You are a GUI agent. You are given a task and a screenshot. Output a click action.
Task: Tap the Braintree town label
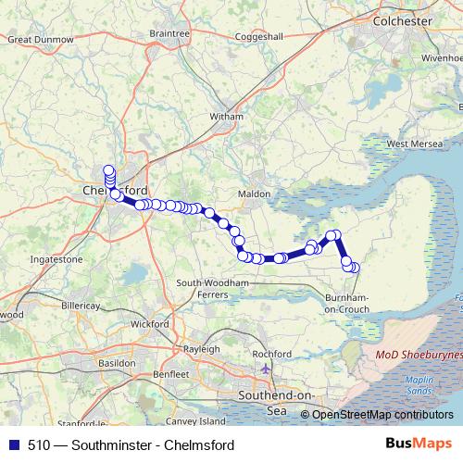(x=169, y=33)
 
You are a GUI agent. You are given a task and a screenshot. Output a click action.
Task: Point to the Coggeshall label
(x=263, y=37)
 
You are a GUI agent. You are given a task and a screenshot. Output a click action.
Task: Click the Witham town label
(x=226, y=117)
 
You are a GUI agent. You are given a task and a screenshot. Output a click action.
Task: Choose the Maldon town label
(x=255, y=194)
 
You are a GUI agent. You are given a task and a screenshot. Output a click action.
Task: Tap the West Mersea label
(x=411, y=144)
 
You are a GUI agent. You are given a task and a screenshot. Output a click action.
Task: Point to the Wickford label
(x=150, y=324)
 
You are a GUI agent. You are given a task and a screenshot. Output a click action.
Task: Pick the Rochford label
(x=271, y=354)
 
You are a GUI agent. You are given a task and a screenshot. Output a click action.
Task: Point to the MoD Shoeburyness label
(x=418, y=356)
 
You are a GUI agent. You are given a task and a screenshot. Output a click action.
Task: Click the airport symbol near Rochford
(x=267, y=369)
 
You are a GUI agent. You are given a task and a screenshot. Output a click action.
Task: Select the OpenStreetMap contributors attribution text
(x=382, y=415)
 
